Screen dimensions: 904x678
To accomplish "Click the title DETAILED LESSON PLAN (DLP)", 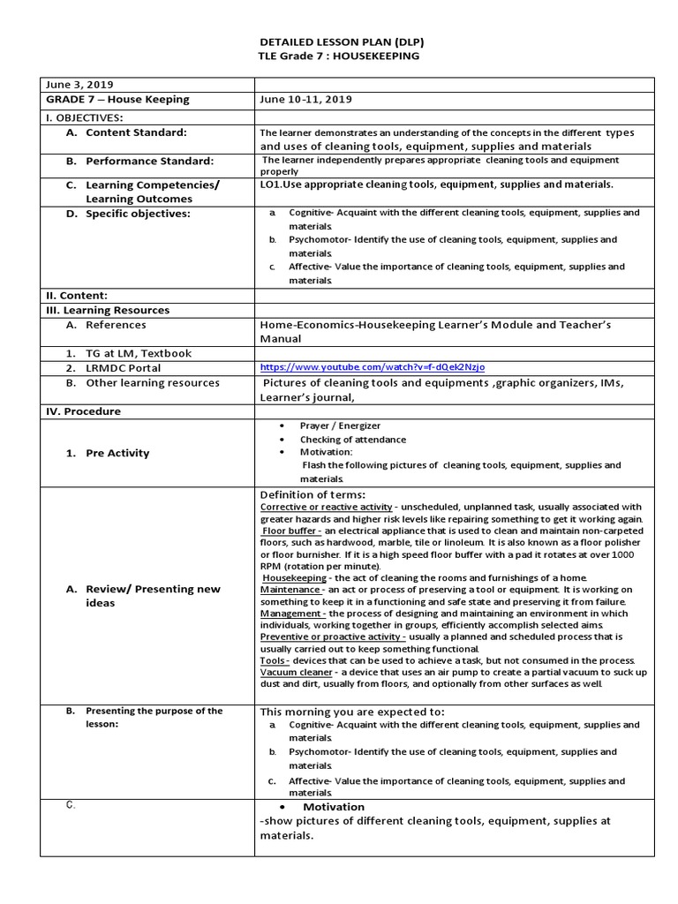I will [339, 41].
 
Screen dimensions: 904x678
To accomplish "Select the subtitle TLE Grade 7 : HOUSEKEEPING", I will [339, 56].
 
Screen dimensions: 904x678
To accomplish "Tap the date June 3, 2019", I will [75, 85].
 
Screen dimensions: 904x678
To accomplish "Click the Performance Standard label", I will [149, 161].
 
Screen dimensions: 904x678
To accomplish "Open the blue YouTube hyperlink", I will [373, 367].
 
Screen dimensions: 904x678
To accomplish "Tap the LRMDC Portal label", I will [123, 367].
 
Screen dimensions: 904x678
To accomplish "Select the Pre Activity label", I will [117, 453].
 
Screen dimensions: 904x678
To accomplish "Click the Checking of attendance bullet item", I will [353, 440].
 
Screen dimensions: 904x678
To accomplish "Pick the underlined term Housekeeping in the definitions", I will [295, 578].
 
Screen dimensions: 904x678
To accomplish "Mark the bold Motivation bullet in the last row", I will [334, 807].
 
